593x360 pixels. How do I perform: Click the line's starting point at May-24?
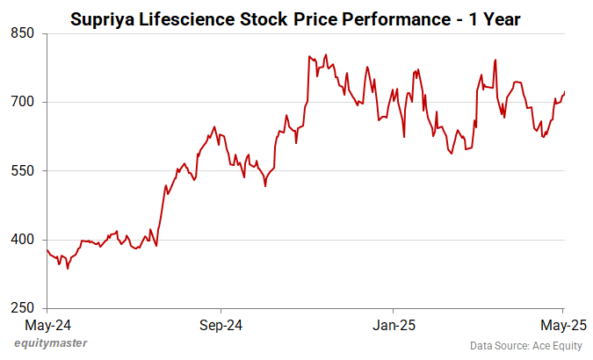pos(47,249)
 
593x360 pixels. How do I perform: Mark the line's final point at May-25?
pos(564,92)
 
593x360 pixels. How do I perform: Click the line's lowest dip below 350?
pos(68,269)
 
